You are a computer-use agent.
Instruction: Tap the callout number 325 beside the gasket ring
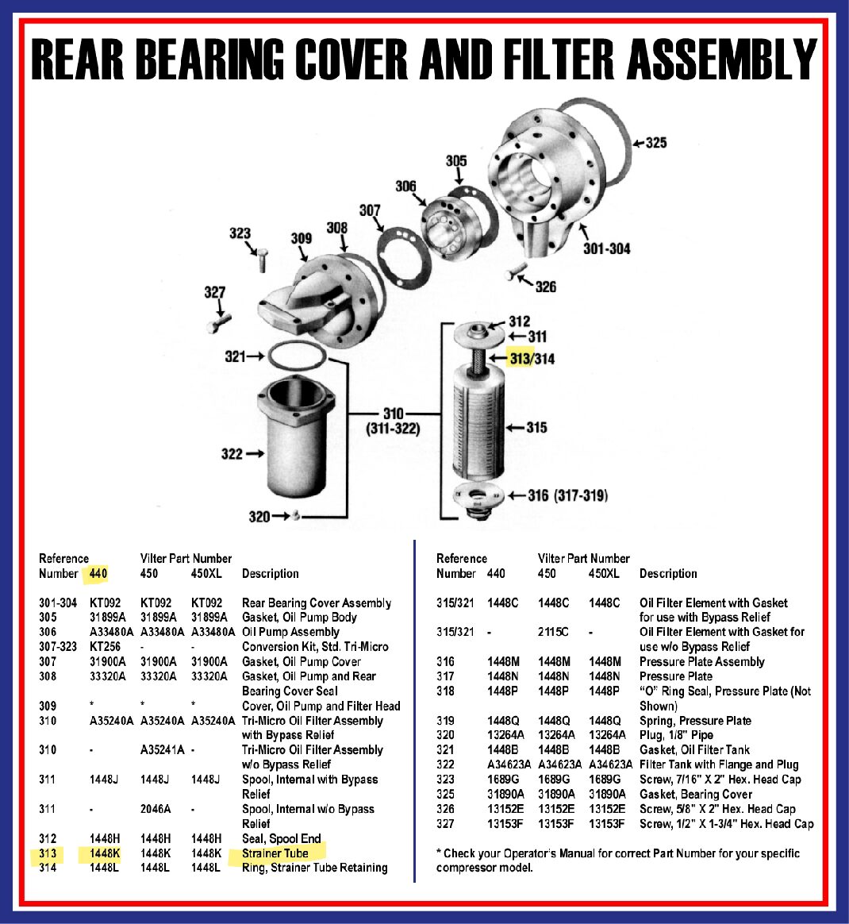656,143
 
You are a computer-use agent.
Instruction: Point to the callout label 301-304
607,248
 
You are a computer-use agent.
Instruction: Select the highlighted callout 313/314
532,358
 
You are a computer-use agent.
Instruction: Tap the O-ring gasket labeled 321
297,356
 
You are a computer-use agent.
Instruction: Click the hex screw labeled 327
218,322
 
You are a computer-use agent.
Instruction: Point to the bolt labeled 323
262,260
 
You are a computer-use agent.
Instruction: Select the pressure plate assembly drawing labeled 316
479,501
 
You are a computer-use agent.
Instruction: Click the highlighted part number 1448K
105,853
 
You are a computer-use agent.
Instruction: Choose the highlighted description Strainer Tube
275,853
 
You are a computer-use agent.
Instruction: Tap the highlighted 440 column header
98,573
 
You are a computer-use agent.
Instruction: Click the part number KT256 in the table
105,646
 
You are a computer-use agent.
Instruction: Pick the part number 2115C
553,632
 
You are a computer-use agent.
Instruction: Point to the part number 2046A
156,809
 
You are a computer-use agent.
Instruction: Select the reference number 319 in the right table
445,721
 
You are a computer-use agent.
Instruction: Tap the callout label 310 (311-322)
394,421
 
